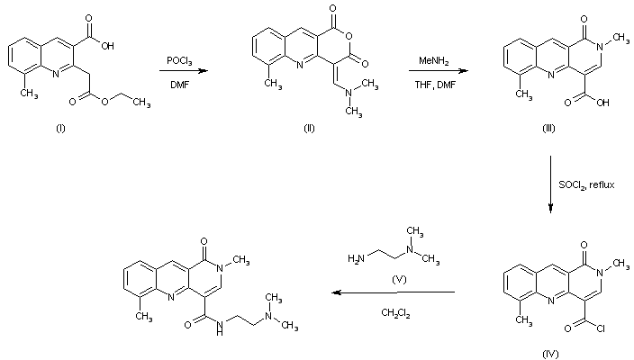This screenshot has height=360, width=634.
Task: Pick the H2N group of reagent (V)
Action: point(356,259)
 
